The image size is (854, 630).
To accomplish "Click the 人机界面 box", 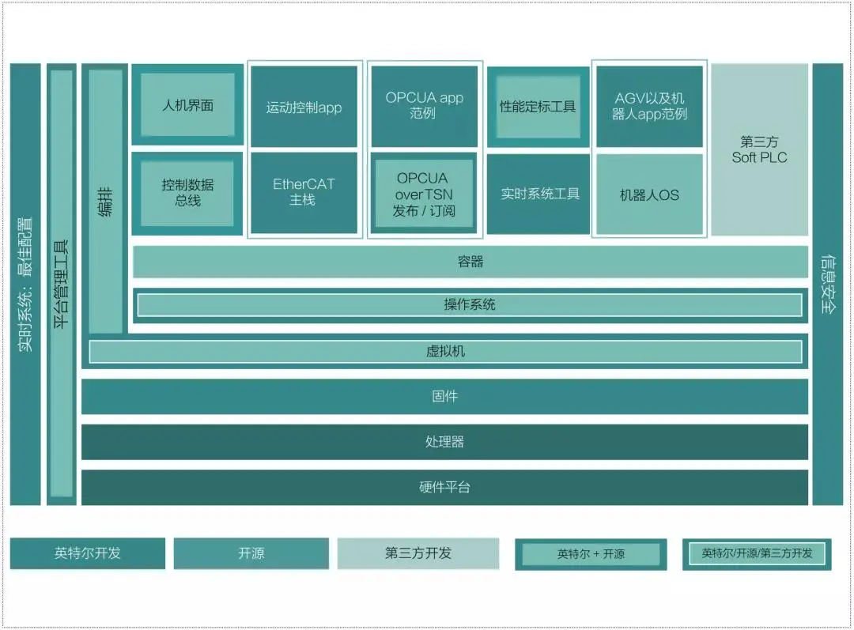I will click(187, 105).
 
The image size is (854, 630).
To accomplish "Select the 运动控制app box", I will click(304, 108).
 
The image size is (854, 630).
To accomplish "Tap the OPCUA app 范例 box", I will click(425, 105).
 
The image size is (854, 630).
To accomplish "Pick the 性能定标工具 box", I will click(538, 107).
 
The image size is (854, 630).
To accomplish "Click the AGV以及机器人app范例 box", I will click(649, 106).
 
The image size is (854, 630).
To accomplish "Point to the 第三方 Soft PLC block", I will click(759, 149).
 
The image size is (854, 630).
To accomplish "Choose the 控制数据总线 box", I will click(187, 193).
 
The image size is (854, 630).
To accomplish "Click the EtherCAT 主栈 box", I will click(304, 192).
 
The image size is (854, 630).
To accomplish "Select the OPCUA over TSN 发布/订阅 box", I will click(424, 194).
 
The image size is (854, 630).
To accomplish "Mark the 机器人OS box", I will click(649, 194).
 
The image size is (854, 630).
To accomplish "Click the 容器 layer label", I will click(470, 262).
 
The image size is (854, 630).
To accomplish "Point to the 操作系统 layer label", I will click(470, 304).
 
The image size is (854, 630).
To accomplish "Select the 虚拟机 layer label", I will click(445, 351).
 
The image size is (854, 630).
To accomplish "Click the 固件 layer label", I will click(445, 396).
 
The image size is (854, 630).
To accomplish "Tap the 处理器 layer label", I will click(445, 442).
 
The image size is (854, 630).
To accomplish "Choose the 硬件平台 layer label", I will click(445, 487).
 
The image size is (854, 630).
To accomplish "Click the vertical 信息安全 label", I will click(828, 285).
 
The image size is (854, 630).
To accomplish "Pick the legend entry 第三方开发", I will click(418, 553).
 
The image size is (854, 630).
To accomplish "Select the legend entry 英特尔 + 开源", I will click(591, 554).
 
